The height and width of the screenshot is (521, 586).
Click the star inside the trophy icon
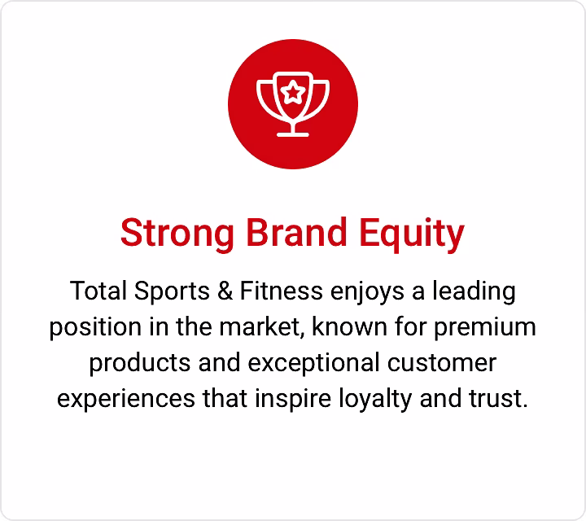[x=293, y=92]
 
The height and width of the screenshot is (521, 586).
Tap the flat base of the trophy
[x=293, y=134]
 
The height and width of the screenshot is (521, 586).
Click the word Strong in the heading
[x=177, y=233]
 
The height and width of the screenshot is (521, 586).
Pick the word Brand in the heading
[x=297, y=233]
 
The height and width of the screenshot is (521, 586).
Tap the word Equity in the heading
[x=412, y=234]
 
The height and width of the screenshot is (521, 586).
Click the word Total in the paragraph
[x=98, y=291]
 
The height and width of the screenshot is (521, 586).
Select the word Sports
[x=172, y=291]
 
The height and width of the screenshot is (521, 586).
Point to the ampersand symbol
[x=225, y=291]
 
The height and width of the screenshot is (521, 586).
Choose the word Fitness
[x=282, y=291]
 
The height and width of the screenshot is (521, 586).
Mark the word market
[x=262, y=327]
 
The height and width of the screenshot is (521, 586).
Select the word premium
[x=485, y=328]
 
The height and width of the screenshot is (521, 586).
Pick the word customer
[x=442, y=363]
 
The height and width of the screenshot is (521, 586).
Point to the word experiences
[x=126, y=400]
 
